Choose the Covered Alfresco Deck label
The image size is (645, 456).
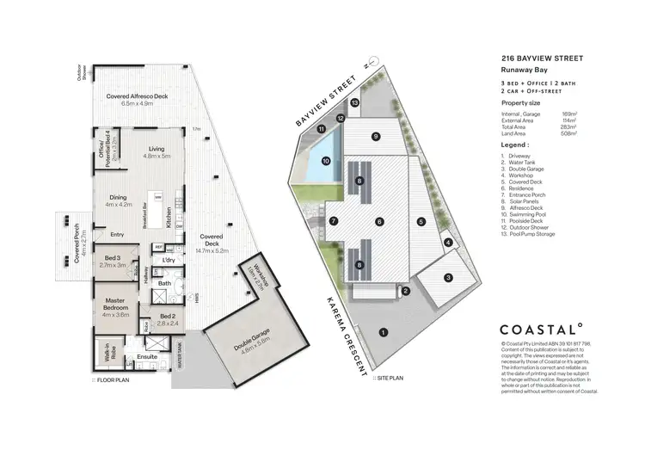(136, 96)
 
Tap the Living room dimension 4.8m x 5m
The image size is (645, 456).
(157, 157)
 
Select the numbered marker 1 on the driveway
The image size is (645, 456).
(384, 331)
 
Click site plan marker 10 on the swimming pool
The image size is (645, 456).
(326, 160)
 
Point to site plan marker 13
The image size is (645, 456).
(355, 102)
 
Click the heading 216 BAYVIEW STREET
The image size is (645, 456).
(543, 59)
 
